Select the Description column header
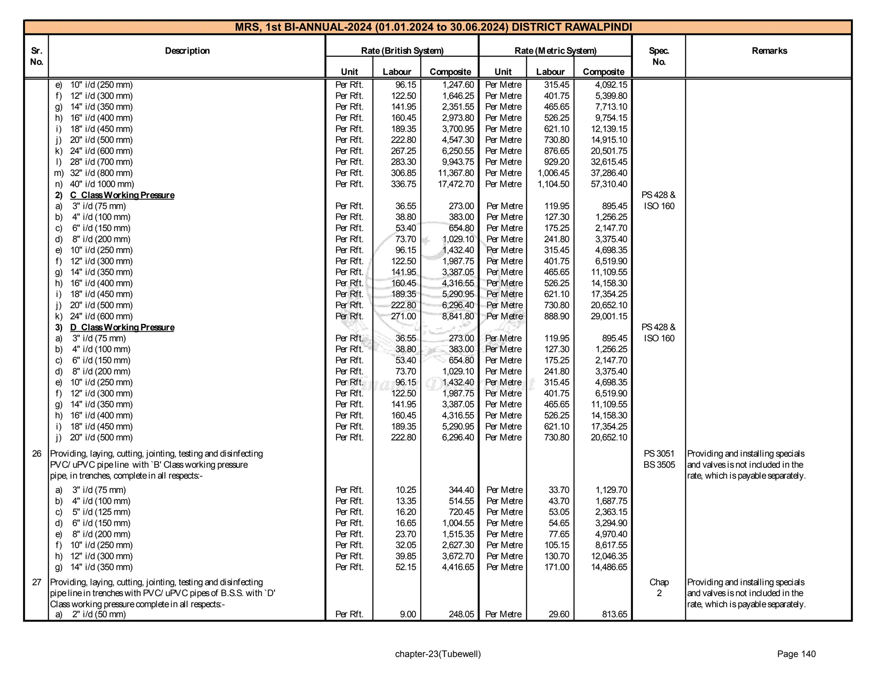[x=187, y=51]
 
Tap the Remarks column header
[x=769, y=51]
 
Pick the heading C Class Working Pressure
[x=122, y=196]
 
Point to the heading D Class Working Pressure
[x=122, y=328]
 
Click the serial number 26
[x=37, y=454]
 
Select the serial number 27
[x=37, y=582]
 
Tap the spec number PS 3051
[x=659, y=454]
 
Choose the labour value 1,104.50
[x=553, y=184]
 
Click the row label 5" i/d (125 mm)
[x=101, y=512]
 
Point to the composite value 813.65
[x=614, y=615]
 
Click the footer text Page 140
[x=796, y=654]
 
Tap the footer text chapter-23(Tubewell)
[x=438, y=654]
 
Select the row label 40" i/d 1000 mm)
[x=102, y=184]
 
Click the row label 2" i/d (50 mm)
[x=99, y=615]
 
